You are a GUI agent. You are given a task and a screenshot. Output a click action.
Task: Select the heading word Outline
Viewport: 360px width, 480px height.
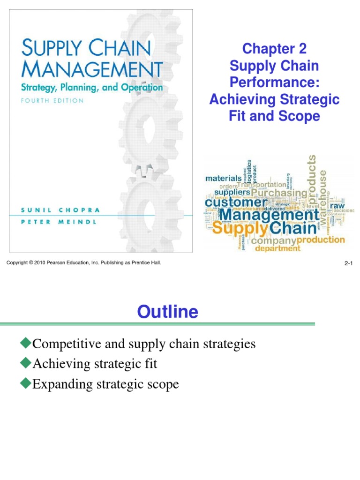pyautogui.click(x=167, y=311)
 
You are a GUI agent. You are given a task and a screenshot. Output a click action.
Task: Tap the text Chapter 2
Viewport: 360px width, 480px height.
pyautogui.click(x=274, y=48)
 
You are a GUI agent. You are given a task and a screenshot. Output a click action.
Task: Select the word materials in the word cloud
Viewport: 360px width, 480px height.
pyautogui.click(x=224, y=178)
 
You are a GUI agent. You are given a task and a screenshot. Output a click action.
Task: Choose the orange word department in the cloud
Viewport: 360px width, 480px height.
pyautogui.click(x=277, y=248)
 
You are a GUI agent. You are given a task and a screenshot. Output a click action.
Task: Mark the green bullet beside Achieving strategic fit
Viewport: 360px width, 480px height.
pyautogui.click(x=25, y=363)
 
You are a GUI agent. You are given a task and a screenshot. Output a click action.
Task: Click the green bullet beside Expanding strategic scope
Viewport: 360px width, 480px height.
pyautogui.click(x=25, y=384)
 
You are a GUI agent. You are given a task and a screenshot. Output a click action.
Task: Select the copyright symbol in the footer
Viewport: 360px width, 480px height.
pyautogui.click(x=31, y=263)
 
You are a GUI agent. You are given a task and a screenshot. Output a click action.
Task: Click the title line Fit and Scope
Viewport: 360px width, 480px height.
pyautogui.click(x=274, y=116)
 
